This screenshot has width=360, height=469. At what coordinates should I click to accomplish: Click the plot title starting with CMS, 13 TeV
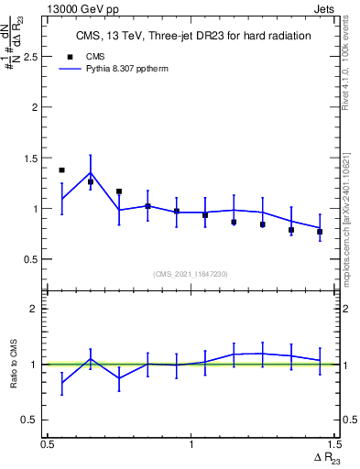(192, 37)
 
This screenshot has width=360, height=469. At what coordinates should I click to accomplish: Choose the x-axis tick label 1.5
(333, 445)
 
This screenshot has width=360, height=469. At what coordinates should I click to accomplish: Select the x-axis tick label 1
(191, 445)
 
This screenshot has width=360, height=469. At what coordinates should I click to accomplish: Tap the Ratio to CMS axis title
(13, 365)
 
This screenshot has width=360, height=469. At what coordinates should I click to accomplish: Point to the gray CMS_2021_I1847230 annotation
(191, 273)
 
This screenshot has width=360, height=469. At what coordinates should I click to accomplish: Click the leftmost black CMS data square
(61, 170)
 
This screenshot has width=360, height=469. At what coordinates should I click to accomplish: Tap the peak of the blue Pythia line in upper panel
(91, 172)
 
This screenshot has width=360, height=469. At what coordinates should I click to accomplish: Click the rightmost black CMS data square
(320, 232)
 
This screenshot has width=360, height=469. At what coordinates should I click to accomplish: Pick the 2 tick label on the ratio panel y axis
(35, 309)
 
